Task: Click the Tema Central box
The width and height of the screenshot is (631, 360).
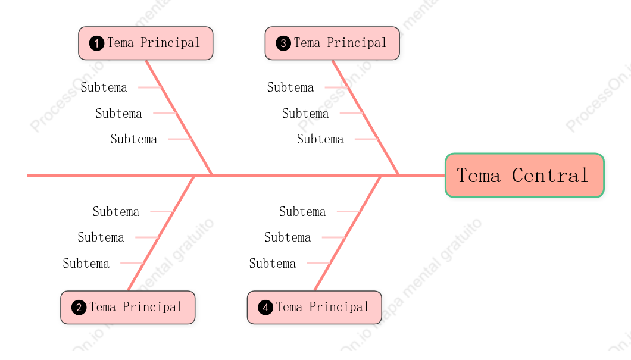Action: click(524, 176)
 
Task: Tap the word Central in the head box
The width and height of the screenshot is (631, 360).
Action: click(550, 176)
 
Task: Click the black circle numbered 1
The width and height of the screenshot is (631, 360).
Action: click(96, 43)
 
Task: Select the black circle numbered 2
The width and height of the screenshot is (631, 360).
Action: click(79, 308)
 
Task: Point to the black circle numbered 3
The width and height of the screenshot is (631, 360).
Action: click(283, 43)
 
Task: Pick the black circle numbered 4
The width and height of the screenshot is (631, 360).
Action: click(265, 308)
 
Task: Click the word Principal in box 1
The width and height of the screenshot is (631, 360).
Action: click(170, 43)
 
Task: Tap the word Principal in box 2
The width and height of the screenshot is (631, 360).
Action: click(152, 307)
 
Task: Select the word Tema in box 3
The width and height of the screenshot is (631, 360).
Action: click(307, 43)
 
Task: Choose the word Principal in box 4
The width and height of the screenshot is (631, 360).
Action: click(339, 307)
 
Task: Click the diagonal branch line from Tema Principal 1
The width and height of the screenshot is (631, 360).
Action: click(179, 117)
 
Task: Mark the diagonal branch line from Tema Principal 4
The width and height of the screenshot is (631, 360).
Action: click(348, 233)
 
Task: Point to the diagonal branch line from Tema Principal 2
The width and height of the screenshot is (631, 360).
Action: click(161, 233)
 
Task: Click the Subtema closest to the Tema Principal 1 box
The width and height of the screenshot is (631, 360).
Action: click(104, 87)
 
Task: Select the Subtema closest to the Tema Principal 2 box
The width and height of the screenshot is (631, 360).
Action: click(86, 264)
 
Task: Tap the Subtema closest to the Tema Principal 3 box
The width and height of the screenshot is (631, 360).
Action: click(290, 87)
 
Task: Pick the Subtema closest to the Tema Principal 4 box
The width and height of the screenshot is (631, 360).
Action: click(273, 264)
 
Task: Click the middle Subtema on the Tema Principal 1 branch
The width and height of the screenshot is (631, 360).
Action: click(118, 114)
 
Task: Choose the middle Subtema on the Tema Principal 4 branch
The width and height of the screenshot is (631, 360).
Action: click(288, 237)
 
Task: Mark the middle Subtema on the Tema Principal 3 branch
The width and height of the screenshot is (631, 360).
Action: click(305, 114)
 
